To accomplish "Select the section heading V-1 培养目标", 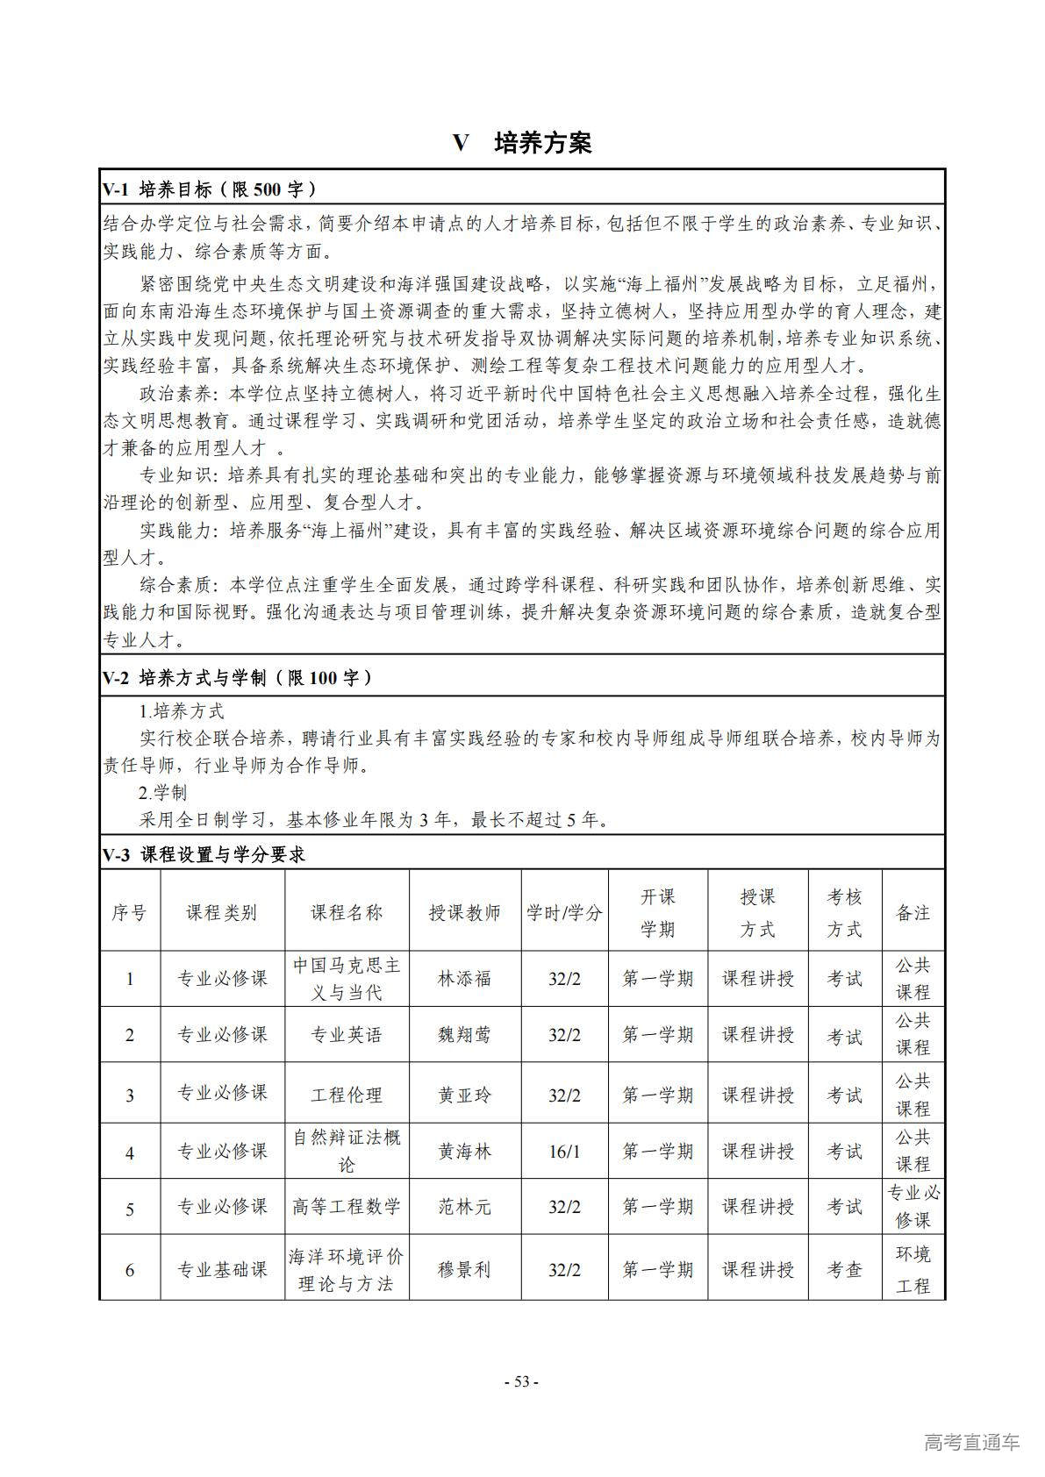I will [x=210, y=189].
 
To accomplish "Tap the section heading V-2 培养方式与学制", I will [x=237, y=677].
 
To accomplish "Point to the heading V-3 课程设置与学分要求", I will [x=204, y=854].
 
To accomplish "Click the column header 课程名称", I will [x=347, y=912].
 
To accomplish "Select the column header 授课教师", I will [x=464, y=912].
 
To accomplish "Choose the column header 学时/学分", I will [x=564, y=912].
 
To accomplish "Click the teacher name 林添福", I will [x=464, y=979].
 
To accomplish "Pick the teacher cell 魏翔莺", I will [x=464, y=1035].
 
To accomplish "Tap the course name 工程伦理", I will [x=347, y=1095].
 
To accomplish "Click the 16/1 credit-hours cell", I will [x=564, y=1152].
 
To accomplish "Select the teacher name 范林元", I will [x=464, y=1207].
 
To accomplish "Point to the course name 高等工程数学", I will [x=347, y=1207].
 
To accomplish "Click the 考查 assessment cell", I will [x=844, y=1269].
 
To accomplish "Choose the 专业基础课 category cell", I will [x=222, y=1269].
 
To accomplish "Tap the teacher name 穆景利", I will [x=464, y=1269].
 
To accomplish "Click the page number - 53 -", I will [x=522, y=1382].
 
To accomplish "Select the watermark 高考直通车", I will [x=972, y=1442].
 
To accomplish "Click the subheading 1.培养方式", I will [x=182, y=710].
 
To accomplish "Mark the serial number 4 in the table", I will [x=130, y=1152].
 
